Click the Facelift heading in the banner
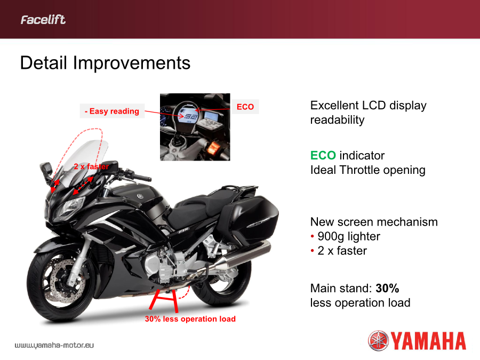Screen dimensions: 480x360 point(43,20)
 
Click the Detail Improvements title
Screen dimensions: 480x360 point(105,63)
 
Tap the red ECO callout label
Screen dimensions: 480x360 point(245,107)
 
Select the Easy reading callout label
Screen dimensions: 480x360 point(112,111)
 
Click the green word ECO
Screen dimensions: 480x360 point(323,156)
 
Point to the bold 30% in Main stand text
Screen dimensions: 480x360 point(387,288)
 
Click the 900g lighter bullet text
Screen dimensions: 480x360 point(349,236)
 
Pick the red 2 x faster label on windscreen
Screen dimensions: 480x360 point(91,166)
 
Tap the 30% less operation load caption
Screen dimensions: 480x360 point(190,319)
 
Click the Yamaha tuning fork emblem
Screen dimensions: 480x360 point(378,340)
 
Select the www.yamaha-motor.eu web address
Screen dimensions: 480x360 point(54,345)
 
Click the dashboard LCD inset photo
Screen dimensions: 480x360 point(195,127)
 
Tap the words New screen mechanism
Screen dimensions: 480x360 point(374,222)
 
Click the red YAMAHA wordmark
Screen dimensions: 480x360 point(429,341)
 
